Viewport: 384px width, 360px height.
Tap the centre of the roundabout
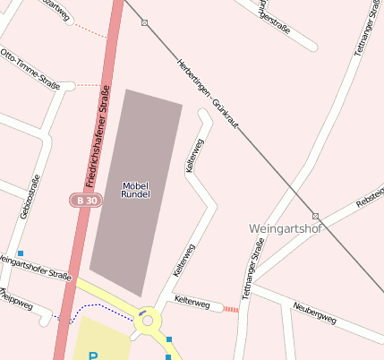pos(147,320)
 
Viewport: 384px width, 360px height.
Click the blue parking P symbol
pos(92,356)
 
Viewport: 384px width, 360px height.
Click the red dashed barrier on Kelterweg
pos(231,309)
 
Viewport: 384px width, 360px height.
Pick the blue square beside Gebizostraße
pos(21,253)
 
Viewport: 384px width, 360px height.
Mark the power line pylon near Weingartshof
pos(315,216)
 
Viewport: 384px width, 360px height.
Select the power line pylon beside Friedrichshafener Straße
pos(145,22)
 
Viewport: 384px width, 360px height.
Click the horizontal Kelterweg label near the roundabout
pos(192,302)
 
